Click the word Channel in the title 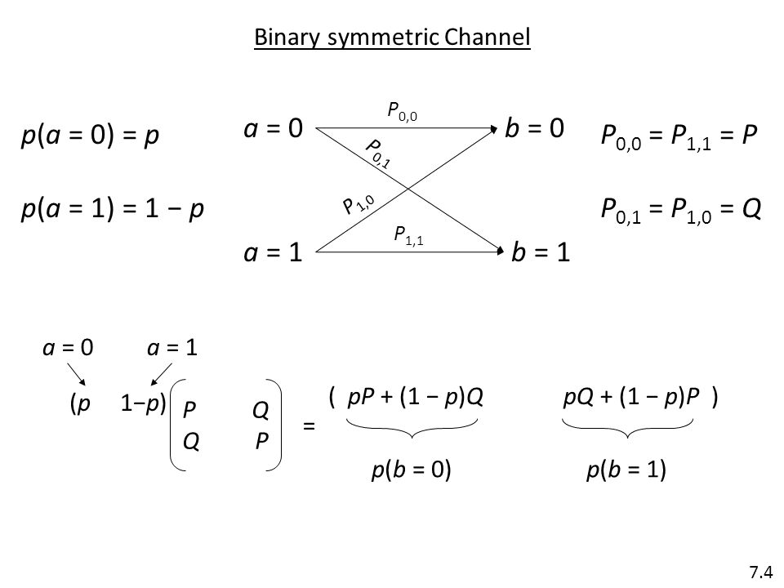click(x=487, y=37)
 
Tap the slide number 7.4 click(x=760, y=572)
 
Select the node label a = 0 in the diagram click(x=274, y=128)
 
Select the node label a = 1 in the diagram click(x=274, y=252)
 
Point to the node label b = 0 click(x=534, y=128)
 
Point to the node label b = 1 click(x=541, y=252)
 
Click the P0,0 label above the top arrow click(x=402, y=112)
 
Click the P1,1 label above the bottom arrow click(x=408, y=235)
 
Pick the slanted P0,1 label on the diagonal click(x=378, y=154)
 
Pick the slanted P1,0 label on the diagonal click(x=358, y=204)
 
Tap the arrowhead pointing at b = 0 click(x=495, y=129)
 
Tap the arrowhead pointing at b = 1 click(x=500, y=251)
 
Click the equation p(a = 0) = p click(x=90, y=136)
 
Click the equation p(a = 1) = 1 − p click(x=113, y=209)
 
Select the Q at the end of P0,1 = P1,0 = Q click(x=751, y=208)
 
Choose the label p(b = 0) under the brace click(x=411, y=470)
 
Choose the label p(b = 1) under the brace click(x=626, y=470)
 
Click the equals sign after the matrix click(x=309, y=426)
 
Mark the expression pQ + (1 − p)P click(x=631, y=397)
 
